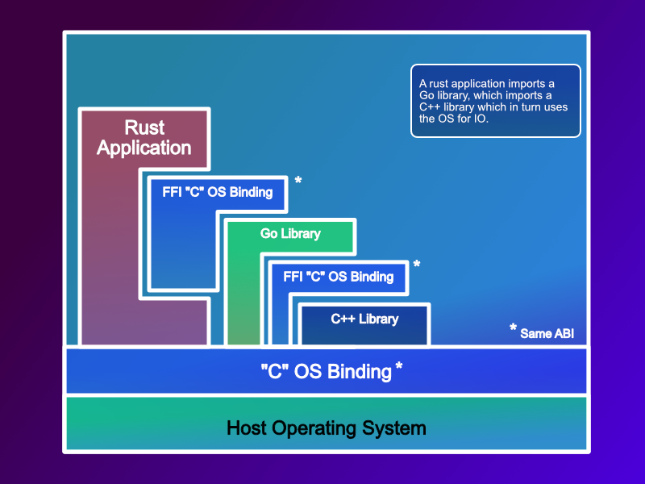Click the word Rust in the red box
pyautogui.click(x=144, y=127)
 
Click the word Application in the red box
pyautogui.click(x=144, y=148)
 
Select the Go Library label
pyautogui.click(x=290, y=234)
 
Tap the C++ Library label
pyautogui.click(x=364, y=319)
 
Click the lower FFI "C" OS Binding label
pyautogui.click(x=339, y=277)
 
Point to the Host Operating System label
pyautogui.click(x=326, y=428)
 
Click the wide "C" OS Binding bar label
pyautogui.click(x=326, y=371)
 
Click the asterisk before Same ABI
pyautogui.click(x=513, y=329)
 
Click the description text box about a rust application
pyautogui.click(x=495, y=101)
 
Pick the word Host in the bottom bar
pyautogui.click(x=245, y=428)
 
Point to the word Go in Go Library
pyautogui.click(x=268, y=234)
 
